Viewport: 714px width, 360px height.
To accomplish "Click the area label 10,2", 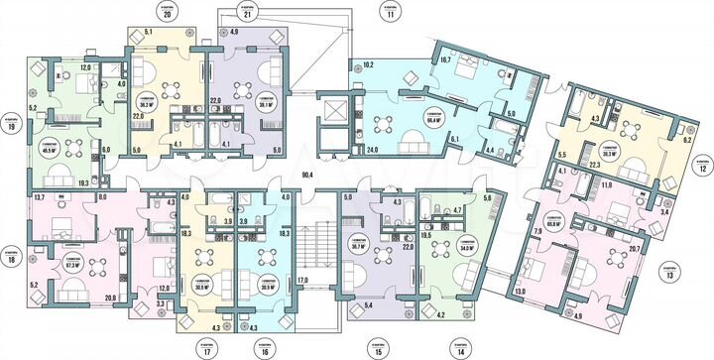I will tap(368, 65).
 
